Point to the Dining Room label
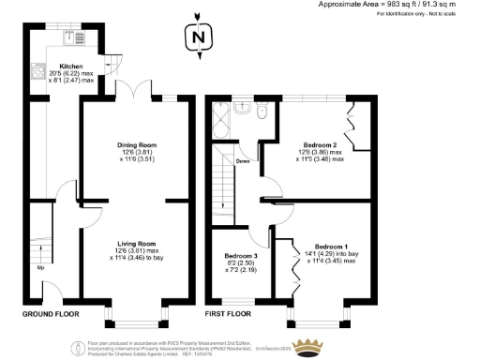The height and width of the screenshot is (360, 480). (x=136, y=145)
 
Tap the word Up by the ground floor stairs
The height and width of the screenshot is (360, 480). (x=39, y=268)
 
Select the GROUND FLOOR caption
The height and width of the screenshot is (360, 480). (x=51, y=313)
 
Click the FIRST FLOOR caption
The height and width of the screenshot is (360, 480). (x=233, y=313)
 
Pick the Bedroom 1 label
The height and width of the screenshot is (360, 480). (x=332, y=247)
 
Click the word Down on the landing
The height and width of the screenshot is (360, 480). (x=243, y=160)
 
